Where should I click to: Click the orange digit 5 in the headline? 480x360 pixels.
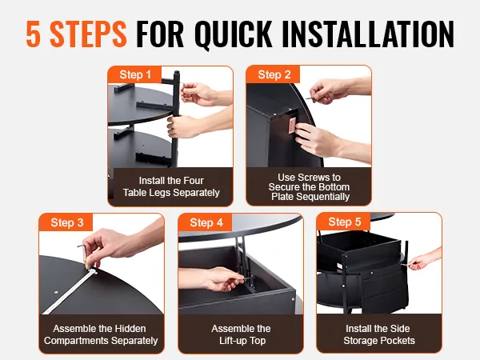[x=34, y=34]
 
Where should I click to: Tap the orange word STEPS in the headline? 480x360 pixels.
[x=88, y=34]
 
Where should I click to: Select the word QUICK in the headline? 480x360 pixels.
[x=233, y=34]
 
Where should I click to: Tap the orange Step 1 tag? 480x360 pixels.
[x=134, y=74]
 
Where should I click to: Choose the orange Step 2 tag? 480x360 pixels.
[x=274, y=74]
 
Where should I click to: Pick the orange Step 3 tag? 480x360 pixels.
[x=66, y=222]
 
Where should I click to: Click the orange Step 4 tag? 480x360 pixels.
[x=206, y=222]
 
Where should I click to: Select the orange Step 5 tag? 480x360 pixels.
[x=344, y=222]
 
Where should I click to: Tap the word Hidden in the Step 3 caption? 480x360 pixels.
[x=130, y=329]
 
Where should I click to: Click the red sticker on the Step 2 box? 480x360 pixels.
[x=292, y=126]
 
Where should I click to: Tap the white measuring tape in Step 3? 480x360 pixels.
[x=70, y=291]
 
